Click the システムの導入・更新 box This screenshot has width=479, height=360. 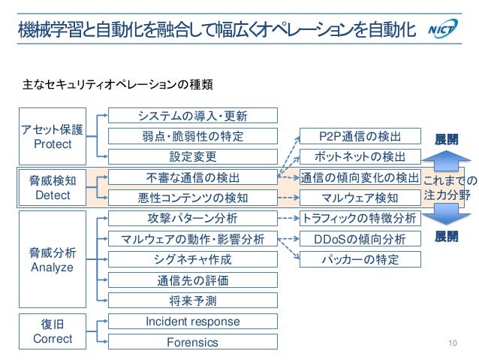(x=193, y=116)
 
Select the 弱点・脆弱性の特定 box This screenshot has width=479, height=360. (x=193, y=136)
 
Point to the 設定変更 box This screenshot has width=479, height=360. (x=193, y=156)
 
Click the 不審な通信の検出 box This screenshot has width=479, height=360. (x=193, y=177)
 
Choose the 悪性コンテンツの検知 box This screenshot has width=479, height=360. (x=193, y=198)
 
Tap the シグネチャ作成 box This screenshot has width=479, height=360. (x=193, y=259)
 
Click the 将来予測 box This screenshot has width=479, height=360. (x=193, y=301)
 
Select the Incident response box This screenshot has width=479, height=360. (x=193, y=322)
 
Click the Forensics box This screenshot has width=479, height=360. (x=193, y=342)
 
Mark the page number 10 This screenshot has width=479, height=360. (x=452, y=343)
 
